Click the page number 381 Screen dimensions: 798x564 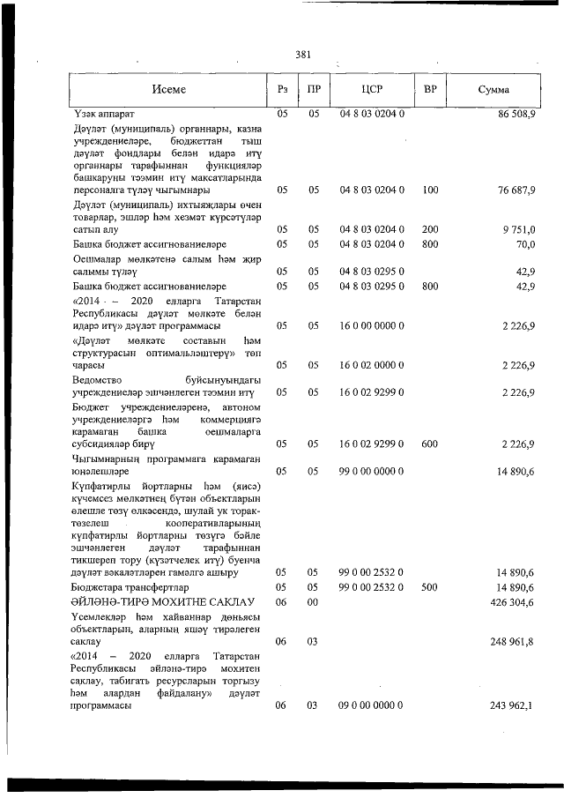[x=303, y=55]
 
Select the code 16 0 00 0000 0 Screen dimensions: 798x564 [x=372, y=325]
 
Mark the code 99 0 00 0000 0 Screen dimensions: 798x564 [x=372, y=472]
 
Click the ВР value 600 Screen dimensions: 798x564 [x=430, y=444]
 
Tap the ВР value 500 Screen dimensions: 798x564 [x=430, y=586]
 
